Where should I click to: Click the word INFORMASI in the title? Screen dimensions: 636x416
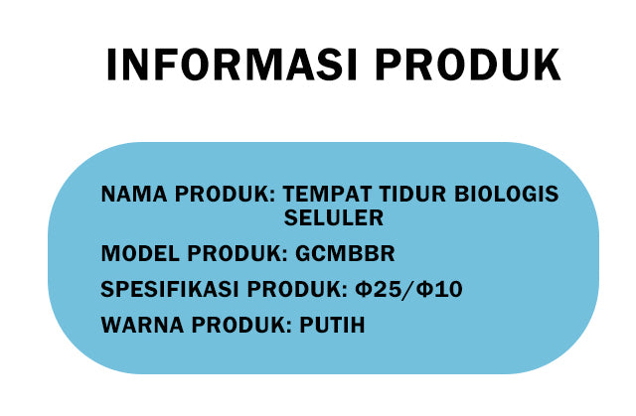click(x=232, y=65)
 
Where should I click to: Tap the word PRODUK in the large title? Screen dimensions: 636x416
click(x=468, y=65)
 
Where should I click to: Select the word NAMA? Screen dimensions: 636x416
click(x=134, y=194)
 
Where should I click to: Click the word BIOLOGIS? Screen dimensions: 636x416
click(x=507, y=194)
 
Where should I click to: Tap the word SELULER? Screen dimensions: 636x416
click(x=334, y=217)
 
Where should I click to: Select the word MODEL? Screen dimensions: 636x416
click(x=140, y=253)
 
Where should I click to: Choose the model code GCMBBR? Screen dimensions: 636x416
click(x=345, y=253)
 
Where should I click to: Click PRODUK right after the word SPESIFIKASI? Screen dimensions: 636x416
click(x=297, y=289)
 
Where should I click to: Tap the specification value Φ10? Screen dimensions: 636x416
click(x=439, y=289)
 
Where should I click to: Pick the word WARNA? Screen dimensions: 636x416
click(x=142, y=325)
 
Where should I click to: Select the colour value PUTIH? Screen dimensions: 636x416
click(x=332, y=325)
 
